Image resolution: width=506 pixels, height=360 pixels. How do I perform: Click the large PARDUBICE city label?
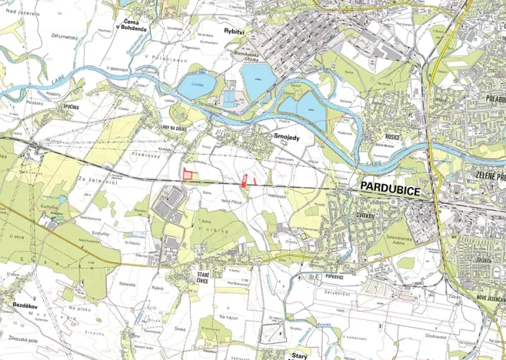[x=389, y=188]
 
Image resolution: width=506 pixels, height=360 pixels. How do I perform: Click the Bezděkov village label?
[x=25, y=305]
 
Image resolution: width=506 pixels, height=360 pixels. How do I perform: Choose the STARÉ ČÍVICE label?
[x=204, y=278]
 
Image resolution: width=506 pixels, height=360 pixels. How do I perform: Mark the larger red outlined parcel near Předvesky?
[x=187, y=173]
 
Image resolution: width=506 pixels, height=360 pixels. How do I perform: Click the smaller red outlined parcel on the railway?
[x=247, y=181]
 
